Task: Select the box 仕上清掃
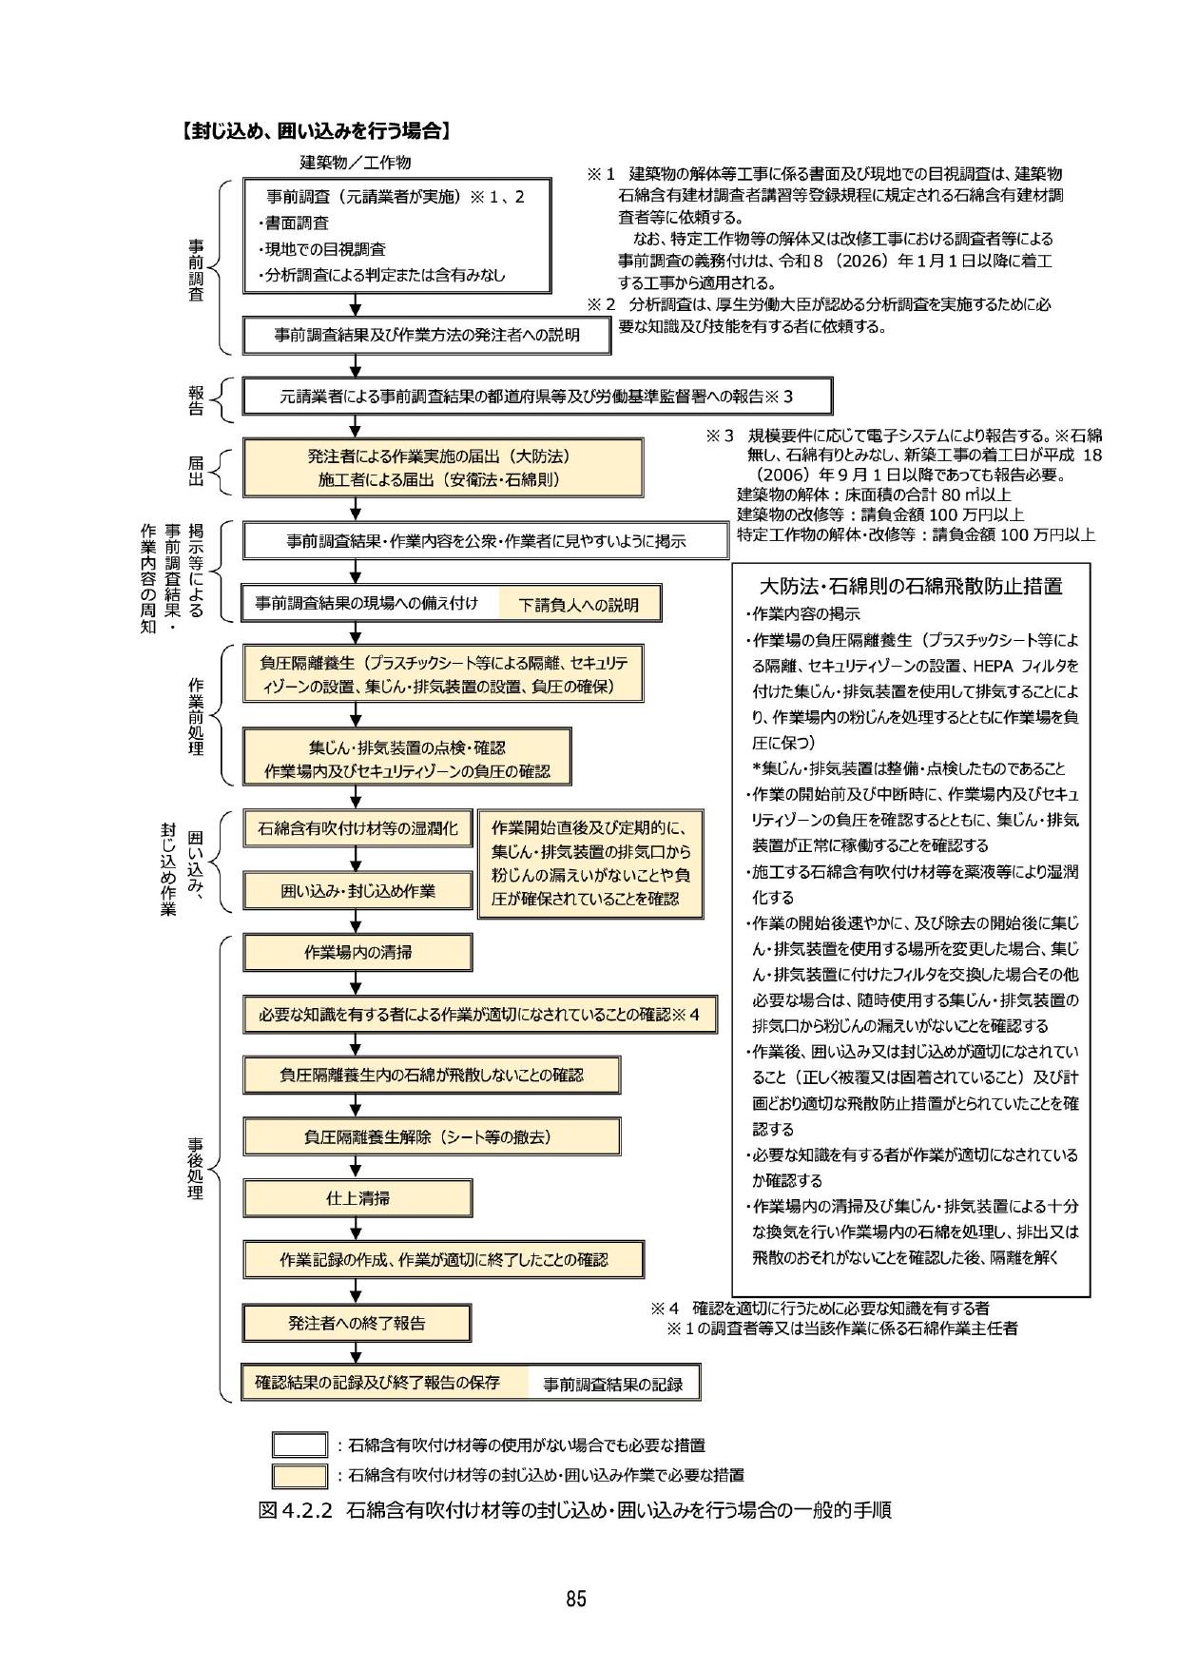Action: click(x=357, y=1198)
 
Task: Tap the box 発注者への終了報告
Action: click(x=357, y=1323)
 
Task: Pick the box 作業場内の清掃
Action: click(x=357, y=952)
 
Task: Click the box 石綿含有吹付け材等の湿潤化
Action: click(x=357, y=828)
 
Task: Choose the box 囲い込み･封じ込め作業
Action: click(x=357, y=891)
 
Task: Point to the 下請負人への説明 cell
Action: click(x=578, y=605)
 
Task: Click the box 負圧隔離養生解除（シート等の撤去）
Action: click(x=432, y=1136)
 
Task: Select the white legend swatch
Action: click(x=299, y=1445)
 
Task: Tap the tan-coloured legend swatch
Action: click(x=299, y=1476)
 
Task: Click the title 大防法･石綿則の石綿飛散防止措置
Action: click(x=911, y=586)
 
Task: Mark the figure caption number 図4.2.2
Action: click(x=294, y=1510)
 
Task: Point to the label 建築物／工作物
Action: click(x=356, y=163)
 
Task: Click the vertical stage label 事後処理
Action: click(x=195, y=1168)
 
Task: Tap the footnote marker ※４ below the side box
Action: click(x=666, y=1308)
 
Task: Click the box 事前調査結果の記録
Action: click(x=613, y=1385)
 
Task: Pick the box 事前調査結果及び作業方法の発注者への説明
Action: click(x=427, y=335)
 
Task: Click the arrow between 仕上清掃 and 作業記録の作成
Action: click(x=356, y=1229)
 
